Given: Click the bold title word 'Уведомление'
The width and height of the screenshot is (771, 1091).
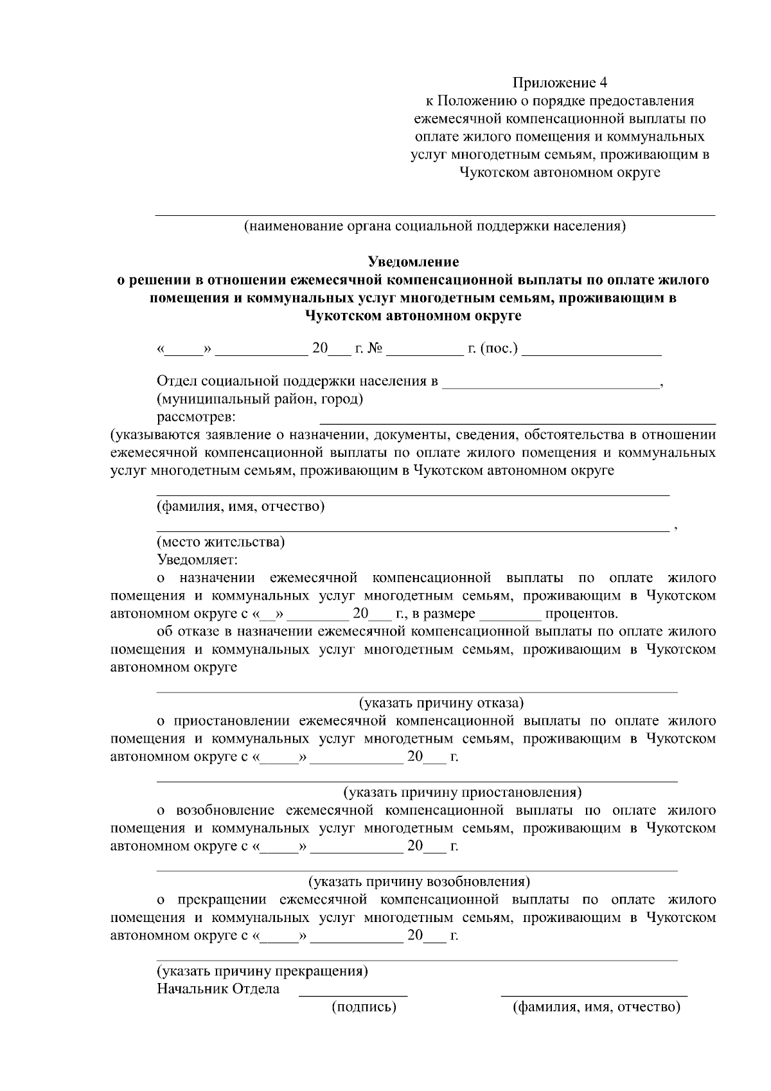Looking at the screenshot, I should point(413,262).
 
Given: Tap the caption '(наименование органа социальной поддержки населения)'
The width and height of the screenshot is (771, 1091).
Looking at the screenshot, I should point(434,226).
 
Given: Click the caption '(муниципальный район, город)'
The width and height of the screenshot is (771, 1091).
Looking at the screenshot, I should point(260,400).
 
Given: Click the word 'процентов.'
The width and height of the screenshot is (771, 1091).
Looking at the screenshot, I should point(581,614).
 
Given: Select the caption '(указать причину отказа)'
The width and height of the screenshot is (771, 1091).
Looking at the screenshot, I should point(441,703).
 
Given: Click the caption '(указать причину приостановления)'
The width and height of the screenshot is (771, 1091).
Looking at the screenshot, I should point(463,792).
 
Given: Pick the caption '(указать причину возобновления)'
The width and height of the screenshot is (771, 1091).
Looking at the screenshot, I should point(419,882).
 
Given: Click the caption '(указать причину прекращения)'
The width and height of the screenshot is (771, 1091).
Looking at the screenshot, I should point(263,971).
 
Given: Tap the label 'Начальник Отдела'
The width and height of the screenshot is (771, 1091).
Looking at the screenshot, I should point(218,989).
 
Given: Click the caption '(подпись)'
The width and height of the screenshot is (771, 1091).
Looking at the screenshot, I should point(364,1007).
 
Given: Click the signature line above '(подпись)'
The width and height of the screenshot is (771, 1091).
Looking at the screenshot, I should point(353,995).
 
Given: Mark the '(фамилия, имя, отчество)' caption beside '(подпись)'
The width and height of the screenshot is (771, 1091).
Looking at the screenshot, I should point(596,1007).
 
